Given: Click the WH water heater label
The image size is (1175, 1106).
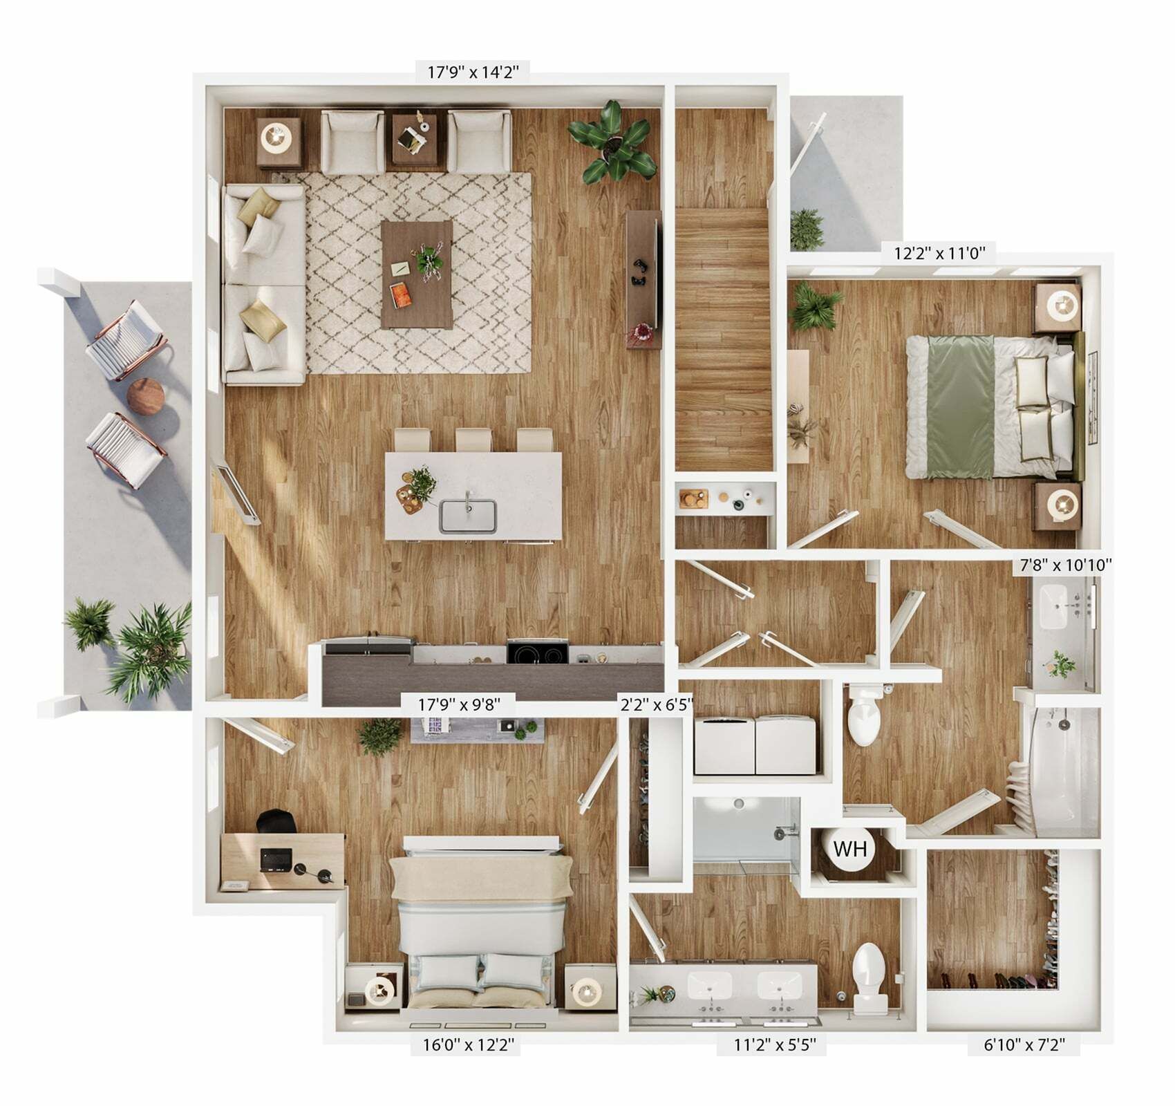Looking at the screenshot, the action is coord(849,847).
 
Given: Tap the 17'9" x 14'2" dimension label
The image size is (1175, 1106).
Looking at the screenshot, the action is coord(473,71).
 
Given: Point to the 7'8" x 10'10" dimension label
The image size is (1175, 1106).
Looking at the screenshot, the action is coord(1066,565).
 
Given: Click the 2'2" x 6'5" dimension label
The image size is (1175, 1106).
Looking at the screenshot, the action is coord(657,706).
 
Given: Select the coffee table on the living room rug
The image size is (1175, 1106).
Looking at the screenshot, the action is coord(417,274).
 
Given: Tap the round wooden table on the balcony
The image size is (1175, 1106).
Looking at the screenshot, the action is coord(147,397).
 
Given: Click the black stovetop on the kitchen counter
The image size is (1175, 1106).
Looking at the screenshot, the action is coord(538,653).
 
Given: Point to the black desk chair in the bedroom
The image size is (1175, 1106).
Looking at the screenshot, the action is coord(276,823).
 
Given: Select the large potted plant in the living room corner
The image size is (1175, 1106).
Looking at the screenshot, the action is coord(612,142).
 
